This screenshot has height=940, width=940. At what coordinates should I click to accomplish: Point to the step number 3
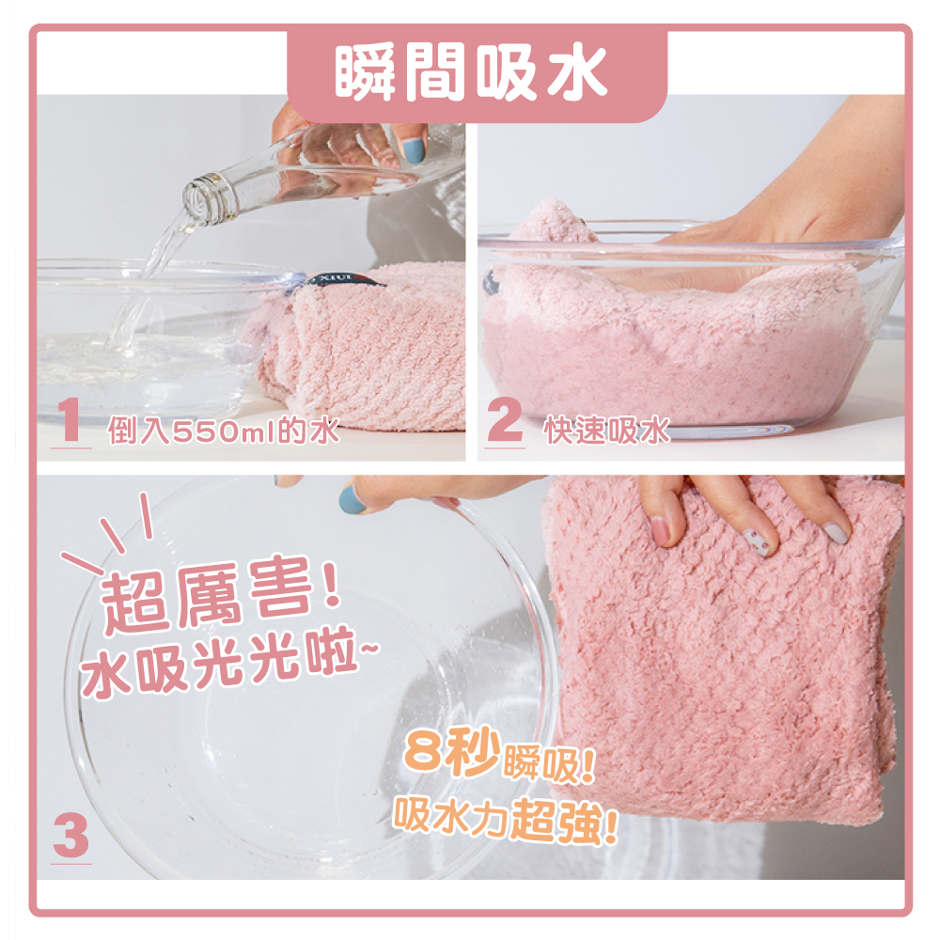pos(70,836)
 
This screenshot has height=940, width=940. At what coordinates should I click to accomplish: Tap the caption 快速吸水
pos(606,431)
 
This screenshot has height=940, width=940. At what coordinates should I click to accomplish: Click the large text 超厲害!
pos(218,602)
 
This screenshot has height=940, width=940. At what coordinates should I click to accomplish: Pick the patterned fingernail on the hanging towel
pos(758,540)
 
